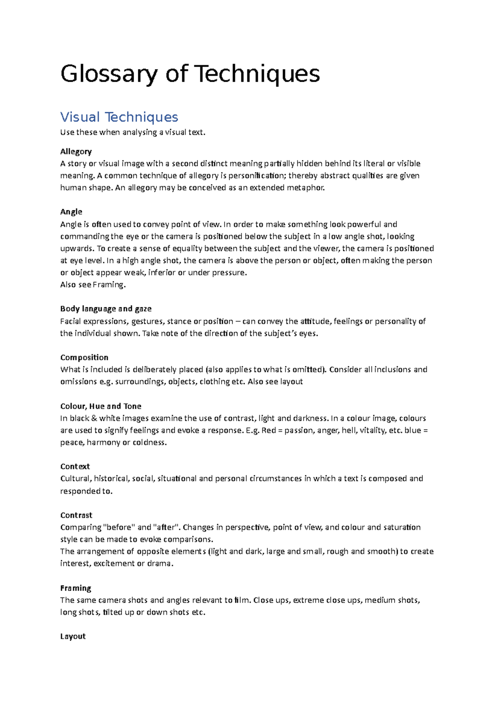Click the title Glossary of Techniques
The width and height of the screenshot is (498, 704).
190,74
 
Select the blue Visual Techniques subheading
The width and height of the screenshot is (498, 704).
119,117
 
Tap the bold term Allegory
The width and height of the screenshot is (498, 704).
76,151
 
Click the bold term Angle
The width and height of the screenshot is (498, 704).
71,212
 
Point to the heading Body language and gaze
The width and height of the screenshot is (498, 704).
105,309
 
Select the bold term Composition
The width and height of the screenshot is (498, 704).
84,357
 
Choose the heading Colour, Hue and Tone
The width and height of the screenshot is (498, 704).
100,406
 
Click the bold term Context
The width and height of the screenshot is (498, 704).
75,466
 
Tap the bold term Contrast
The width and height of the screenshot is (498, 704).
76,515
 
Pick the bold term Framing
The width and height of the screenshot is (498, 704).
76,588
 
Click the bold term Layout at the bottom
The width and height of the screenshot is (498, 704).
73,636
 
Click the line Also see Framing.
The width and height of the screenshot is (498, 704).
93,285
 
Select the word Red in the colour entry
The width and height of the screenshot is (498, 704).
269,430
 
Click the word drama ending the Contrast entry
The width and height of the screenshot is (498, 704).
159,563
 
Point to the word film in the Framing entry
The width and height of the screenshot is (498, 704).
242,600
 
